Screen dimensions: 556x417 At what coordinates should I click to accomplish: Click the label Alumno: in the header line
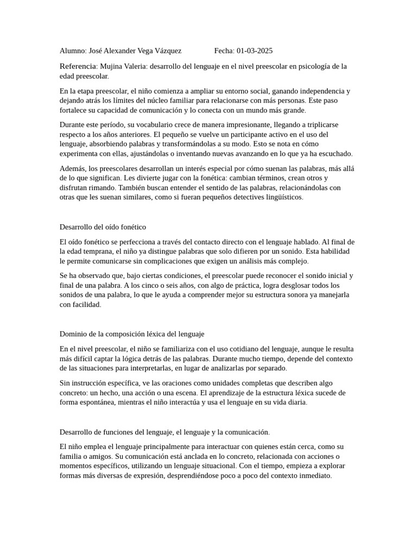point(73,51)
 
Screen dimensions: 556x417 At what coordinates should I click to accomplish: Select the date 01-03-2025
point(254,51)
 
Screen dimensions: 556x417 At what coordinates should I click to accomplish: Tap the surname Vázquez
point(167,51)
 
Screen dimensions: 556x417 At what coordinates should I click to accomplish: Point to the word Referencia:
point(79,66)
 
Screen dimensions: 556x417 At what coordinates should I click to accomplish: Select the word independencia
point(321,91)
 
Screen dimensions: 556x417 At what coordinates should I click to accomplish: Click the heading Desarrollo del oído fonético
point(103,227)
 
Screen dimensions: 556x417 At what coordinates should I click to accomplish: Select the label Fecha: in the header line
point(224,51)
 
